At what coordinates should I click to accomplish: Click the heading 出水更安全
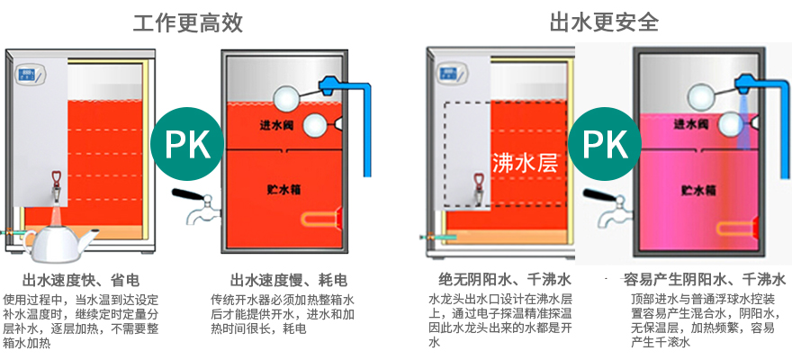tap(604, 22)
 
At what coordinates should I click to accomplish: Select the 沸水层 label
tap(526, 163)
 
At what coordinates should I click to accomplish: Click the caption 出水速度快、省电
tap(81, 280)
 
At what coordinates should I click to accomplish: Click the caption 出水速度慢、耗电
tap(289, 280)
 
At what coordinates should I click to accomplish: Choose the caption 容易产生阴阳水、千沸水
tap(705, 280)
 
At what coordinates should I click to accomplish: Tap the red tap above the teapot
tap(56, 184)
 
